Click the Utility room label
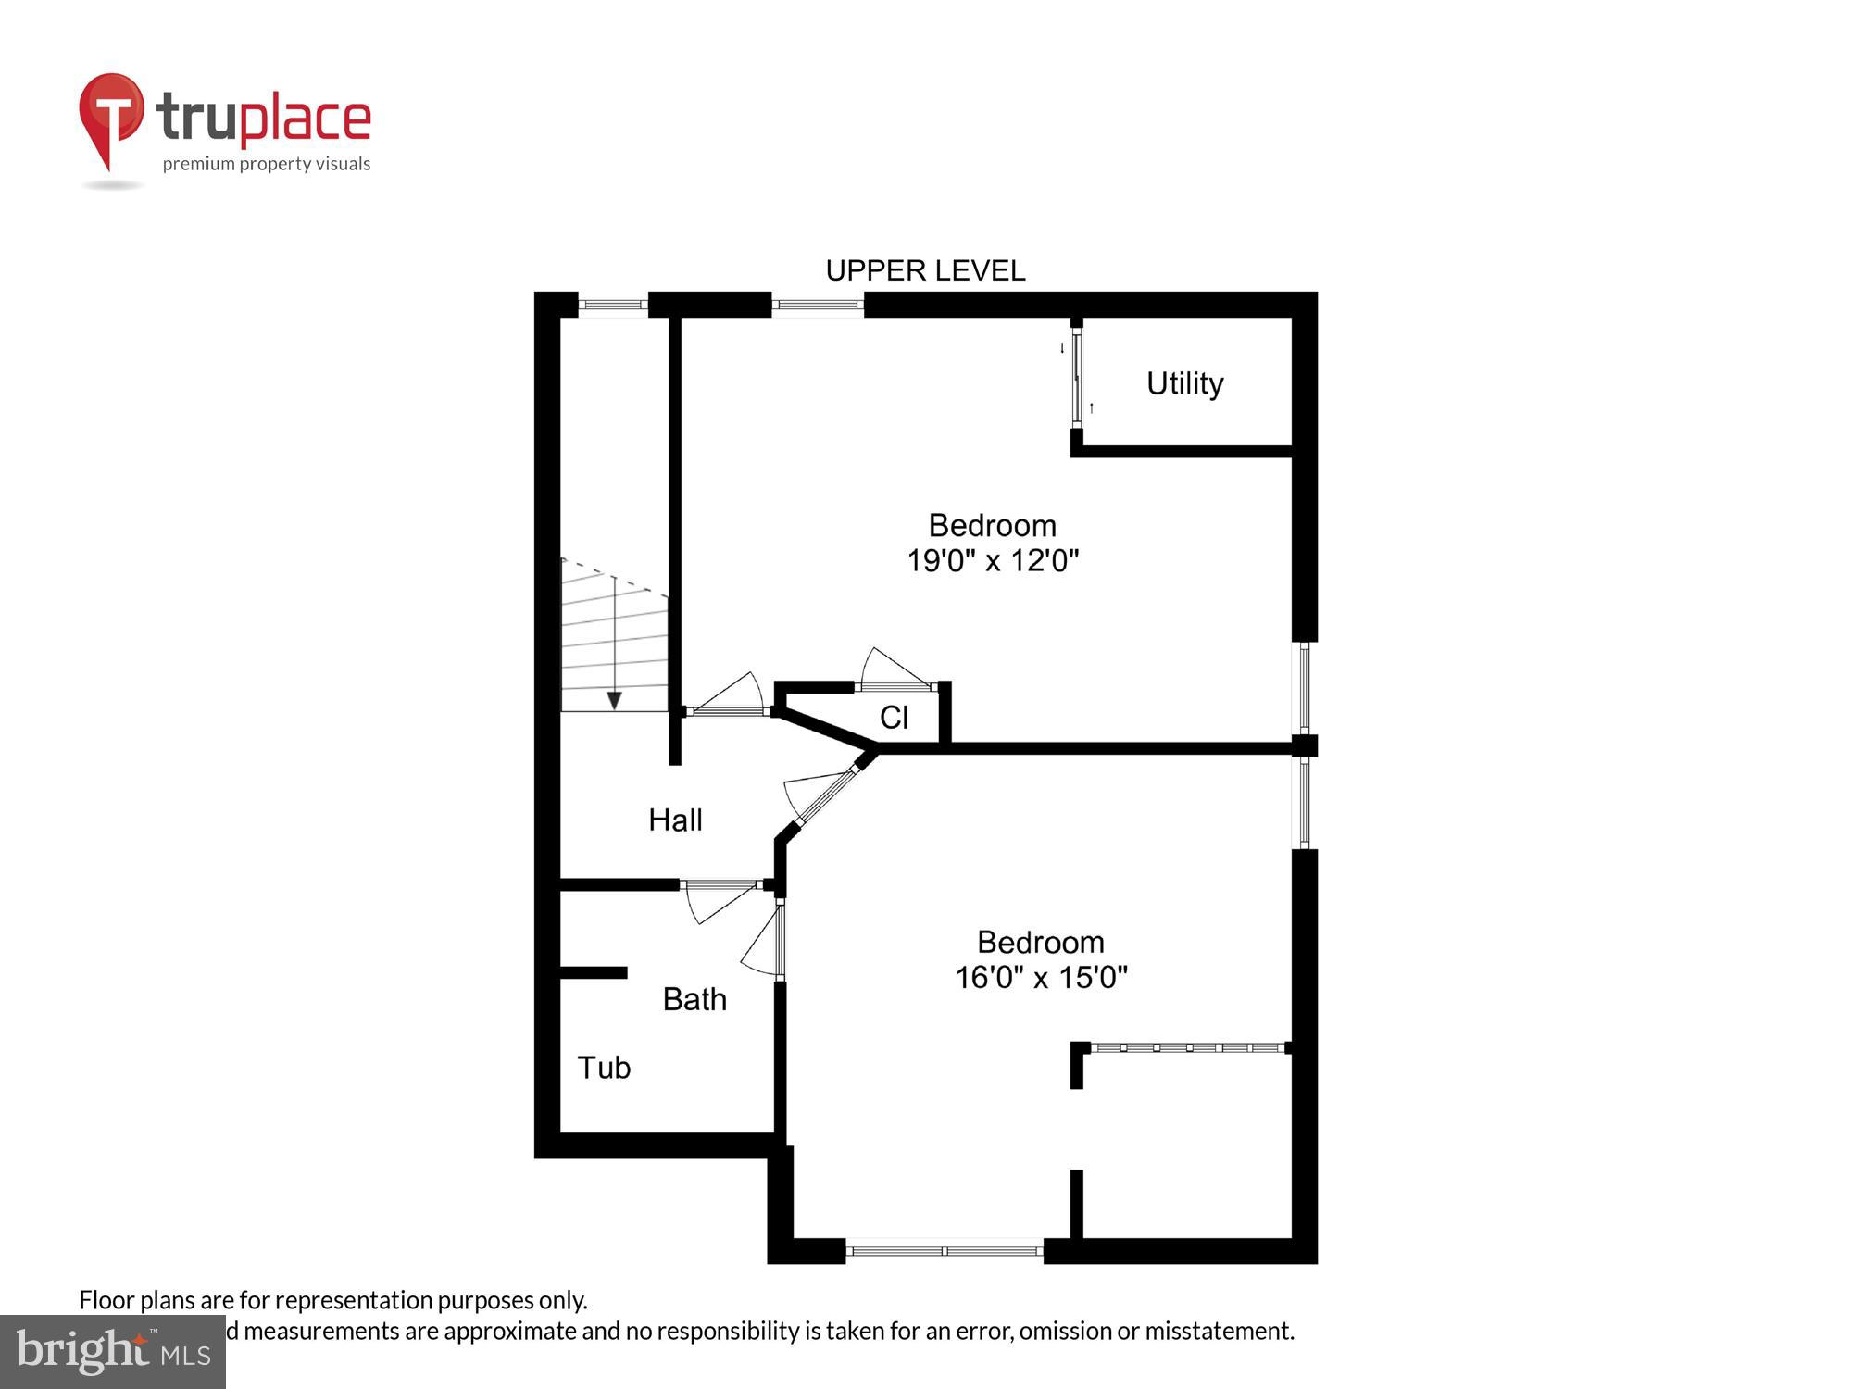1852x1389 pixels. pos(1184,383)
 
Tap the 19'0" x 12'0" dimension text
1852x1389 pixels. pos(993,561)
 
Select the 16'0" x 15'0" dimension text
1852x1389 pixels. pos(1041,978)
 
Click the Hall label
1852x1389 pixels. pos(675,820)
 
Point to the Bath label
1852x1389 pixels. pos(694,1000)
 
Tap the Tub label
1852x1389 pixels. pos(604,1069)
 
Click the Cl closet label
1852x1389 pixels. pos(894,718)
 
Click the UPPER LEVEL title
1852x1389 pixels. pos(925,271)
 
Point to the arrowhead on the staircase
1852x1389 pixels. pos(614,701)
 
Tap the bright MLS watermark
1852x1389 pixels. pos(113,1352)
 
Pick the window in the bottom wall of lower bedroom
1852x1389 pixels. pos(945,1251)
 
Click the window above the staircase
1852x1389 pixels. pos(613,305)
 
